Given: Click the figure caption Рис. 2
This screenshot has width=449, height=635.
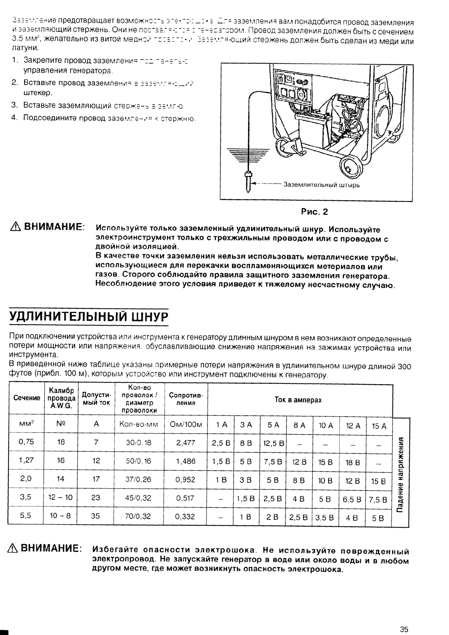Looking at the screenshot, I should coord(315,212).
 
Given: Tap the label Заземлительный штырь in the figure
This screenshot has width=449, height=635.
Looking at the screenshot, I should coord(321,185).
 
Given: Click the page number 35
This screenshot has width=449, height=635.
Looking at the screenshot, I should coord(404,619).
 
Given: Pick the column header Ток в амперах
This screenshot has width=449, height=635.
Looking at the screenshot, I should coord(298,400).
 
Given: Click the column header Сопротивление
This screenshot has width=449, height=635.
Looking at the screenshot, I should coord(186,399).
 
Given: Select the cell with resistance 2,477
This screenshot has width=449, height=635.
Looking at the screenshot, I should coord(186,443).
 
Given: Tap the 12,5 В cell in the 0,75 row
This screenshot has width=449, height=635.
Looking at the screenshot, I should coord(274,443).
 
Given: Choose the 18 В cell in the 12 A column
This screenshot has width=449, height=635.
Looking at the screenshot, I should coord(352,462).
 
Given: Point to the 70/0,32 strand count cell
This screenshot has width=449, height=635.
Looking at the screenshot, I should coord(138,516).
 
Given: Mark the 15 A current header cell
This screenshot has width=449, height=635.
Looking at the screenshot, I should coord(379,426).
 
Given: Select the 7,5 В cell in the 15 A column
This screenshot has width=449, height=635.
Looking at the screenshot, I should coord(378,500).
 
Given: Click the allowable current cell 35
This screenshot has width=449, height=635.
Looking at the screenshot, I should coord(95,516).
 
